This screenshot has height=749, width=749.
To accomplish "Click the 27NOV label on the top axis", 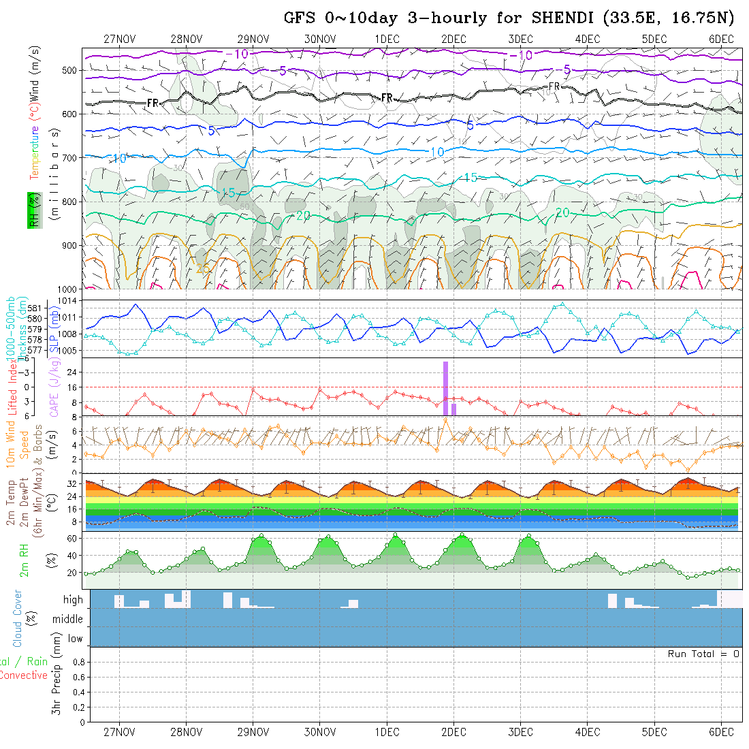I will (x=120, y=39).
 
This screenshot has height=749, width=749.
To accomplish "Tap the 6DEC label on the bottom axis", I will (x=721, y=732).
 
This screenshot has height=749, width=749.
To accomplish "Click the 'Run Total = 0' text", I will (x=703, y=654).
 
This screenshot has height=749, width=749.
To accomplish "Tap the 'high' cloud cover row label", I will (x=73, y=600).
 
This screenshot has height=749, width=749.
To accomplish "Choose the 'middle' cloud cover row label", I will (x=67, y=619).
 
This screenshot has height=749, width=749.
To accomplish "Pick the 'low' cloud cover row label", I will (x=75, y=639).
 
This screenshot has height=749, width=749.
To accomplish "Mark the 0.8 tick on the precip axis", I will (x=78, y=662).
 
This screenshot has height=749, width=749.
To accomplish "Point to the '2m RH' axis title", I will (x=25, y=560).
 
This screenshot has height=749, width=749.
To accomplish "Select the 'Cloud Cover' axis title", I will (x=18, y=618).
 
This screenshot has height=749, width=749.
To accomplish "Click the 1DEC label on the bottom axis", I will (x=387, y=732).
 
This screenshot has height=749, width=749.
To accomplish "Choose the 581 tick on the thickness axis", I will (x=35, y=308).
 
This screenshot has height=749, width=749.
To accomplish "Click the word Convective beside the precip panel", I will (x=23, y=675).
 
